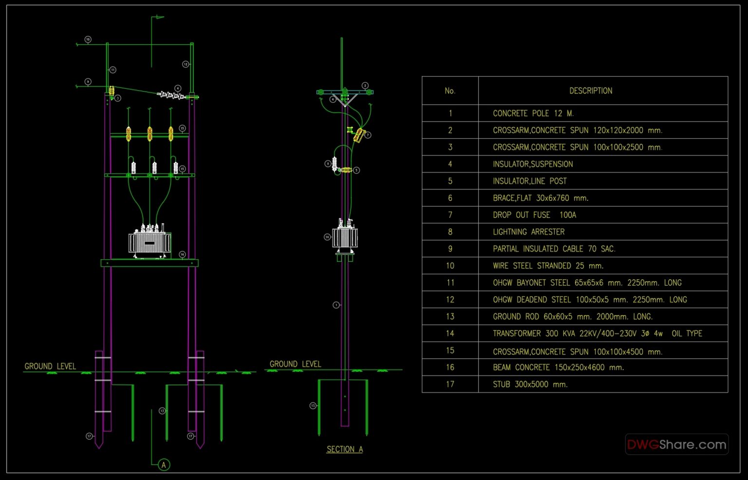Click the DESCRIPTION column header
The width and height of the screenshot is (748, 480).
click(591, 91)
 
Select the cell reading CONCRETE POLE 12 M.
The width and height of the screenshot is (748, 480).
click(533, 114)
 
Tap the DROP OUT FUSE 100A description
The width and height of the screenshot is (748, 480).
click(534, 215)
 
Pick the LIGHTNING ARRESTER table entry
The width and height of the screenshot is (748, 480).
click(528, 232)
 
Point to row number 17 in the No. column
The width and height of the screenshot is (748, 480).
click(450, 384)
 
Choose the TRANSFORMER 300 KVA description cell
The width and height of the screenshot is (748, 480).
click(597, 334)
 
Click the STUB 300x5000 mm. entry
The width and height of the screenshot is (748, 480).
click(530, 384)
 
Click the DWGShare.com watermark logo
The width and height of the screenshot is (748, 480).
click(676, 444)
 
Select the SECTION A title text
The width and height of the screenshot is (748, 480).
click(344, 449)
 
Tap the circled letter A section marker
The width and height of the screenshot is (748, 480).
click(164, 465)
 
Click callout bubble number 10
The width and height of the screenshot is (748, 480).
click(88, 39)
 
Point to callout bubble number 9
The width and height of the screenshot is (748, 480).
click(88, 82)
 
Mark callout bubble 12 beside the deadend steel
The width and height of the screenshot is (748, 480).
click(186, 64)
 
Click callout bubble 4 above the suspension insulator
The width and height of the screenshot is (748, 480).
click(178, 88)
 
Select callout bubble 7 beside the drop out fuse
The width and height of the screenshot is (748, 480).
click(368, 135)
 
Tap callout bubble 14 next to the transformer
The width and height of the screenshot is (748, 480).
click(327, 237)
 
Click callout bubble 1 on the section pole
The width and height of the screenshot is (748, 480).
click(336, 305)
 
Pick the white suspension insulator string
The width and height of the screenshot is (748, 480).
click(171, 95)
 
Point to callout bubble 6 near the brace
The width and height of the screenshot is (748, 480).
click(333, 99)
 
